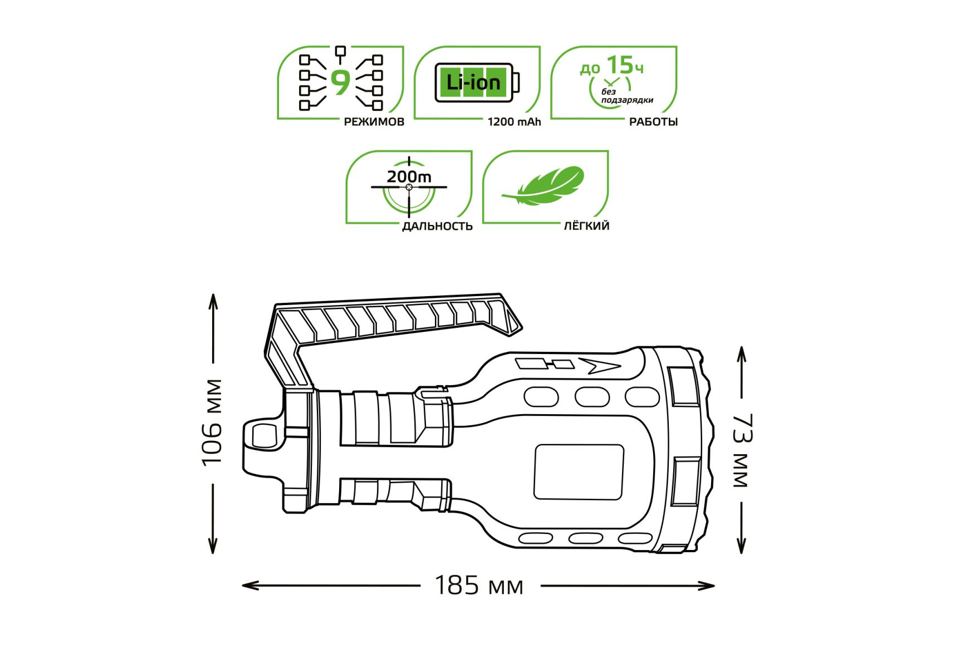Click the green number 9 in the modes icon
(340, 82)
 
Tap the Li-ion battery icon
(477, 83)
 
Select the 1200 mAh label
(514, 122)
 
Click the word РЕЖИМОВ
(374, 122)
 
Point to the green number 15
(620, 65)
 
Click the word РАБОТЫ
(653, 122)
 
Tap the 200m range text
(409, 176)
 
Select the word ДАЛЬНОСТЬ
(437, 226)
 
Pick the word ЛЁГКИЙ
(586, 226)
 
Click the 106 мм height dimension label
(212, 423)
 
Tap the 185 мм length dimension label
(479, 586)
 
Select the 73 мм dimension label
(742, 451)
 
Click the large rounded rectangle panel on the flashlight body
(579, 471)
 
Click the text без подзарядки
(626, 96)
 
